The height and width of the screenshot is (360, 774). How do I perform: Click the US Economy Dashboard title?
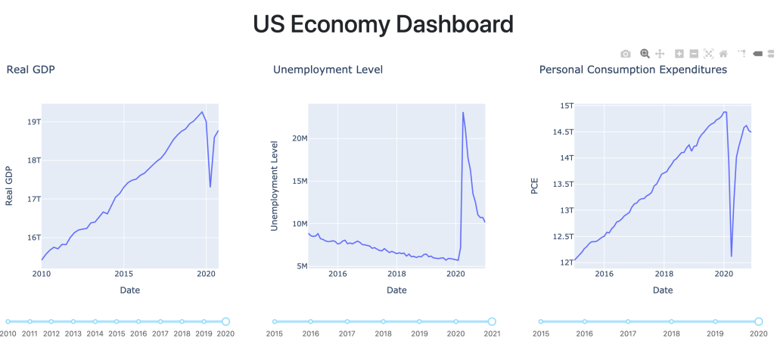click(383, 24)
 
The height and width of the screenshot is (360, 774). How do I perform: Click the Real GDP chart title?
click(31, 70)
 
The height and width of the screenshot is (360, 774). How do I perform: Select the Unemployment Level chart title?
click(328, 70)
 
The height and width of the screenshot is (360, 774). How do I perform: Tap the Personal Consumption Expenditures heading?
click(633, 70)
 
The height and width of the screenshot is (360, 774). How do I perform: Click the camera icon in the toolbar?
click(626, 54)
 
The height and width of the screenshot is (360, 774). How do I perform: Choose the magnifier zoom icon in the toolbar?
click(645, 54)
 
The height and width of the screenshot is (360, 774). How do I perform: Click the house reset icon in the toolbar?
click(723, 54)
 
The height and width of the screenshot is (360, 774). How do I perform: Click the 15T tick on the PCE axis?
click(566, 105)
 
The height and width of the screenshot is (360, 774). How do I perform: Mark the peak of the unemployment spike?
click(463, 113)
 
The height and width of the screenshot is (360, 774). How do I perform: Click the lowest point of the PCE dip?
click(731, 256)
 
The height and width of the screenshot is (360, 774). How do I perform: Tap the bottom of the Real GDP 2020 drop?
click(210, 187)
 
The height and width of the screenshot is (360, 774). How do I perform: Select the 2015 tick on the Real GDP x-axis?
click(124, 274)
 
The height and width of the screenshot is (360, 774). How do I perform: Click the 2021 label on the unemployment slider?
click(492, 334)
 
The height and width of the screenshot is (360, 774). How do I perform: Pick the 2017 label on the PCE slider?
click(627, 334)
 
